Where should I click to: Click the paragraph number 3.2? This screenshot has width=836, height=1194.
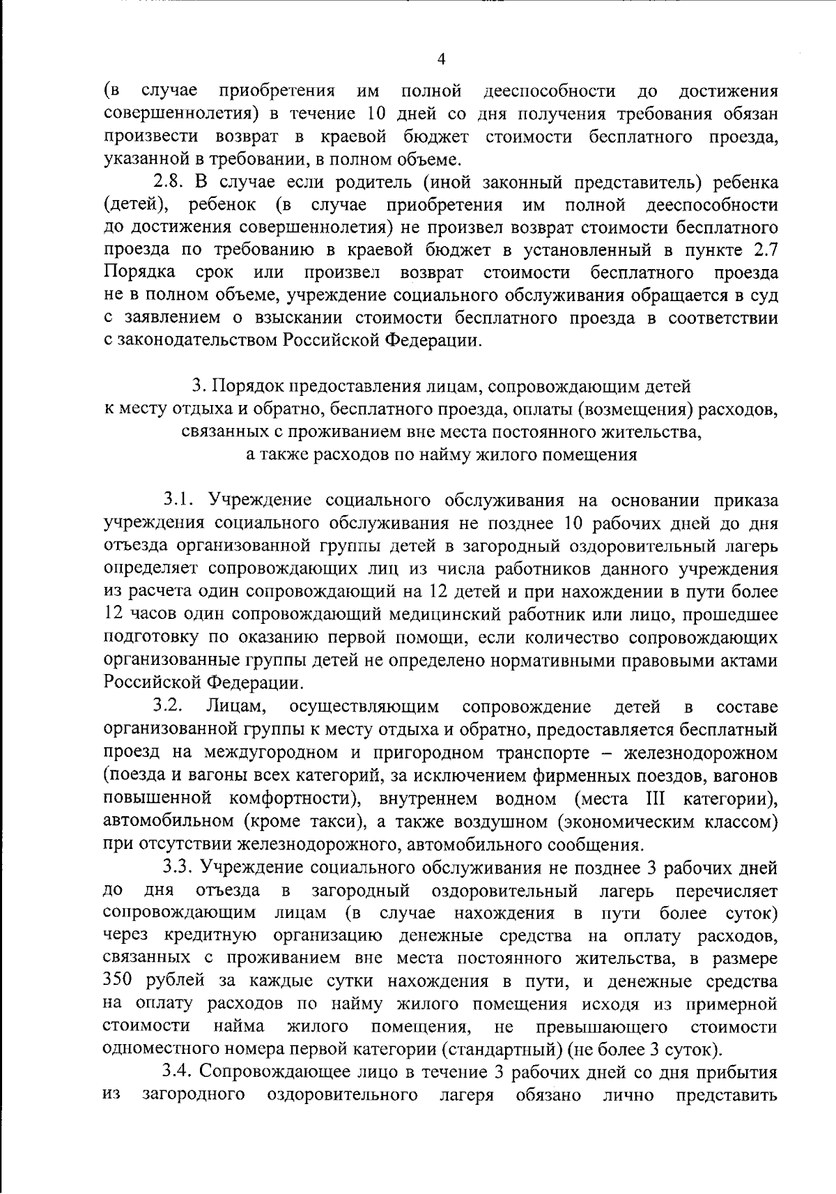tap(168, 707)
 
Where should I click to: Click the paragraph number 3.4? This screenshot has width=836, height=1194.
tap(177, 1073)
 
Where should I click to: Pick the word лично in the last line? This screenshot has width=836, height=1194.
tap(628, 1096)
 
